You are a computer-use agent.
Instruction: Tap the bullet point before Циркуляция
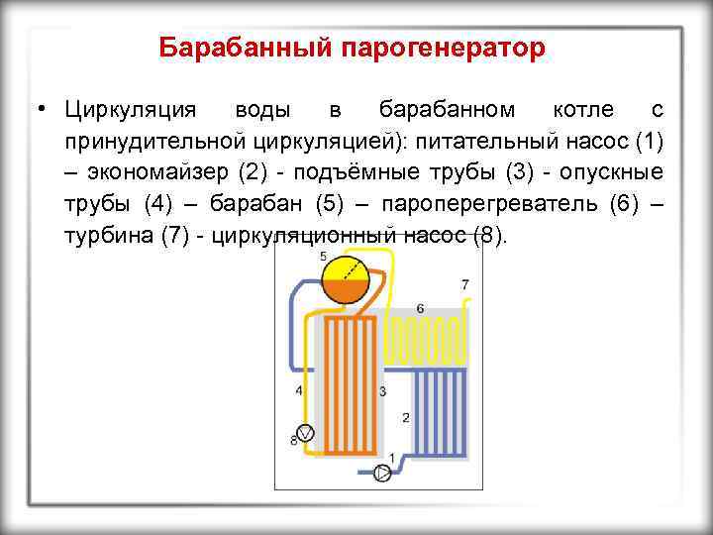tap(44, 108)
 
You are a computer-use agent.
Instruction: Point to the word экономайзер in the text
tap(153, 171)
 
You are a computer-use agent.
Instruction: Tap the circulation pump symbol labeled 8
tap(305, 434)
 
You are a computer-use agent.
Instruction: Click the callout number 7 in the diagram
tap(464, 285)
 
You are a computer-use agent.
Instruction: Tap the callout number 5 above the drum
tap(323, 257)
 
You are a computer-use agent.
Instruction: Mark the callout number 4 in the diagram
tap(299, 391)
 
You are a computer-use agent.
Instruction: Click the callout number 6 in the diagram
tap(420, 309)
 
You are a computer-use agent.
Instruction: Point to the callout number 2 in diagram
tap(405, 418)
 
